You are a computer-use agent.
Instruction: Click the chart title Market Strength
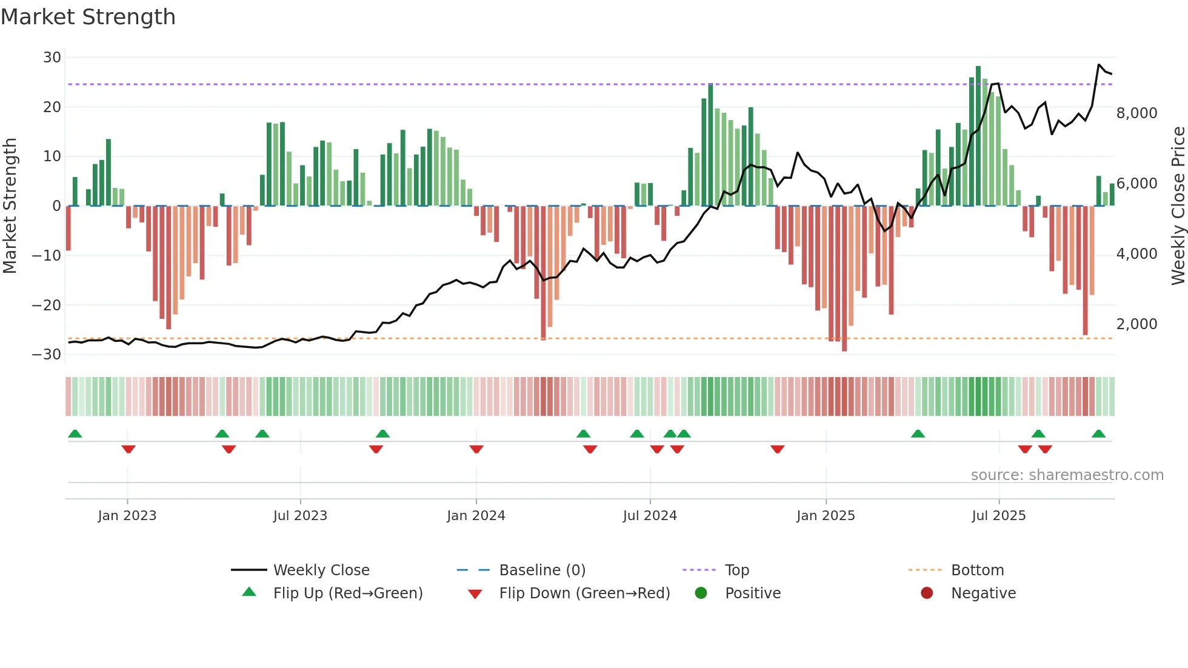[88, 17]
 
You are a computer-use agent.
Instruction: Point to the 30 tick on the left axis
[52, 58]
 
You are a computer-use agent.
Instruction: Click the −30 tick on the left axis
[47, 355]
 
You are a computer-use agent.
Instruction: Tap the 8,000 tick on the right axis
[1136, 113]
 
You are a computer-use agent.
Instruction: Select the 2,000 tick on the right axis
[1136, 324]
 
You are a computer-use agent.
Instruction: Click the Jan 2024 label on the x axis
[476, 516]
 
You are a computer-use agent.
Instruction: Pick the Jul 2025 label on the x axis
[998, 516]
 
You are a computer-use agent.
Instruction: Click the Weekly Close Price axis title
[1178, 206]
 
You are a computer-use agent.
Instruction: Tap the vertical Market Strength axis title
[10, 206]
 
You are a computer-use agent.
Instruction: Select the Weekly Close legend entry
[321, 570]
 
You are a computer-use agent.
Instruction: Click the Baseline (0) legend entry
[542, 570]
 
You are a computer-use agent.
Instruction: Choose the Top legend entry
[736, 570]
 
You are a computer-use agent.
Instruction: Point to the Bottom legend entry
[977, 570]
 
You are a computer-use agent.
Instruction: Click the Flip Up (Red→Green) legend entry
[347, 593]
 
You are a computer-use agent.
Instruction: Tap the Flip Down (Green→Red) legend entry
[584, 593]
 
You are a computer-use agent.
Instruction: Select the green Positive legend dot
[701, 593]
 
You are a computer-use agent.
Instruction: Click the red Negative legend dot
[927, 593]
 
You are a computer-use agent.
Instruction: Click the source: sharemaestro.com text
[1067, 475]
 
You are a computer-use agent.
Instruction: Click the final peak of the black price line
[1099, 65]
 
